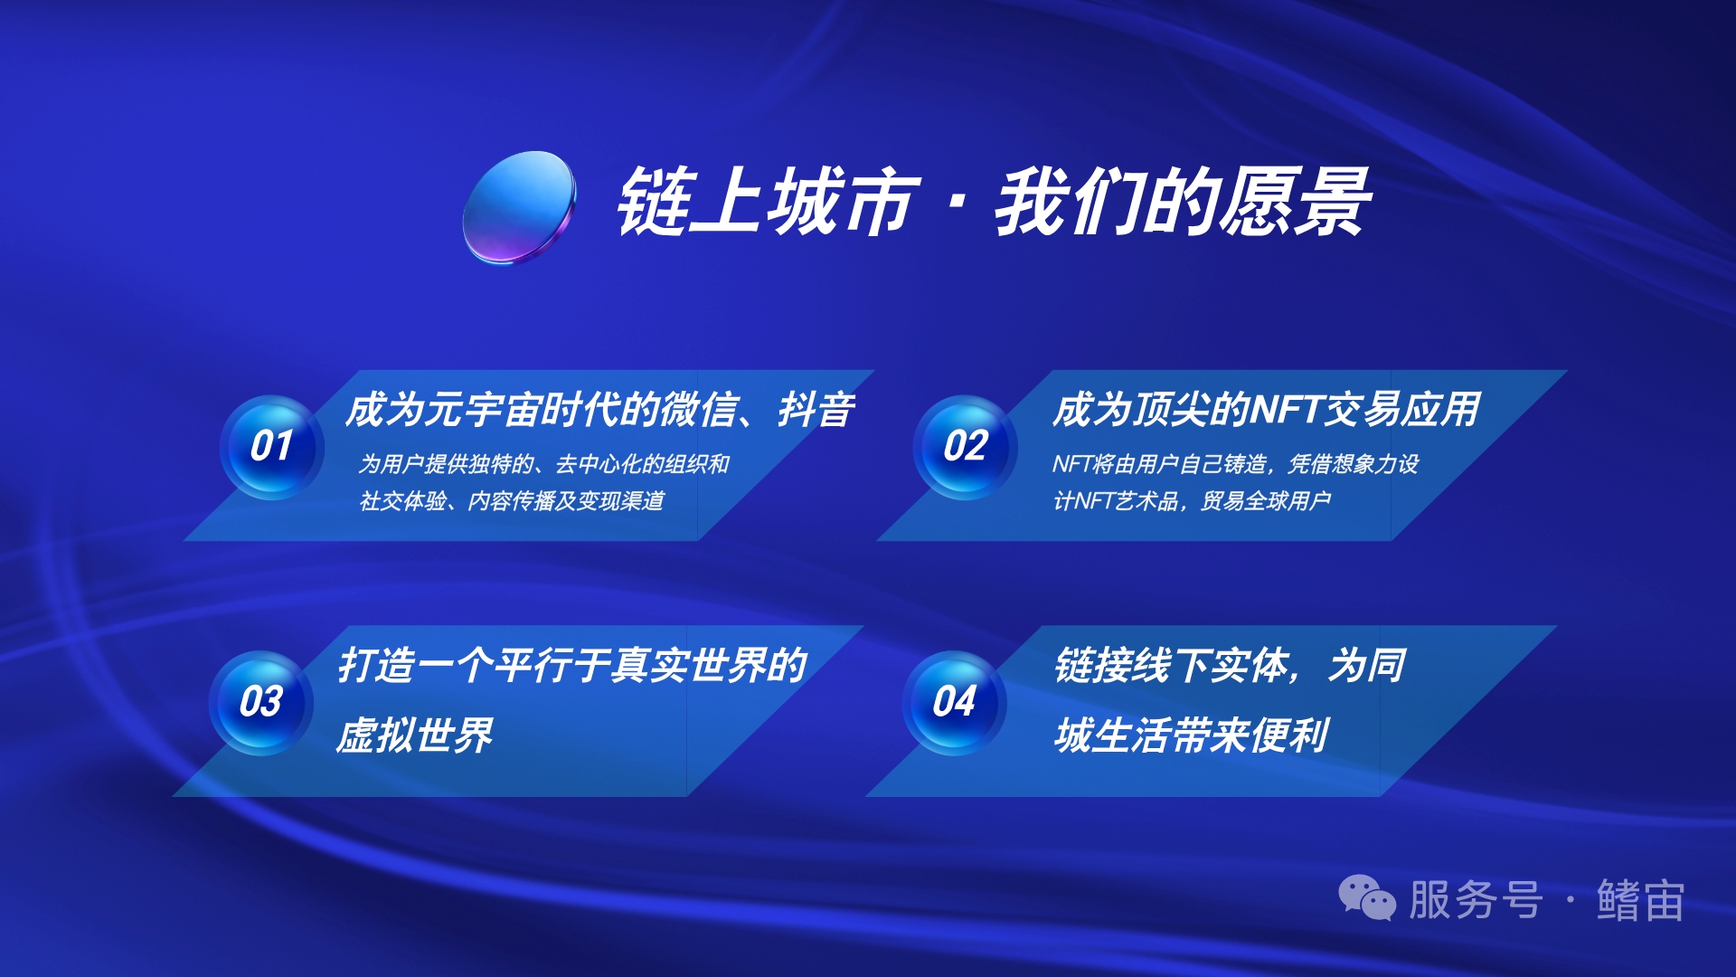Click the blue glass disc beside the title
point(518,207)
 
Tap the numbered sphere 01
point(271,447)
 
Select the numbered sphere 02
point(965,447)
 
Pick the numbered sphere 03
point(260,703)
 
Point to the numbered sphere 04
point(954,703)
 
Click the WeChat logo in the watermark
point(1367,898)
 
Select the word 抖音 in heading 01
point(816,410)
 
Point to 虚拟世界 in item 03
point(414,735)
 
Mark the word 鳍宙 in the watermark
point(1640,900)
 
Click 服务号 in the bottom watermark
point(1476,900)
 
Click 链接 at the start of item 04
point(1093,666)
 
